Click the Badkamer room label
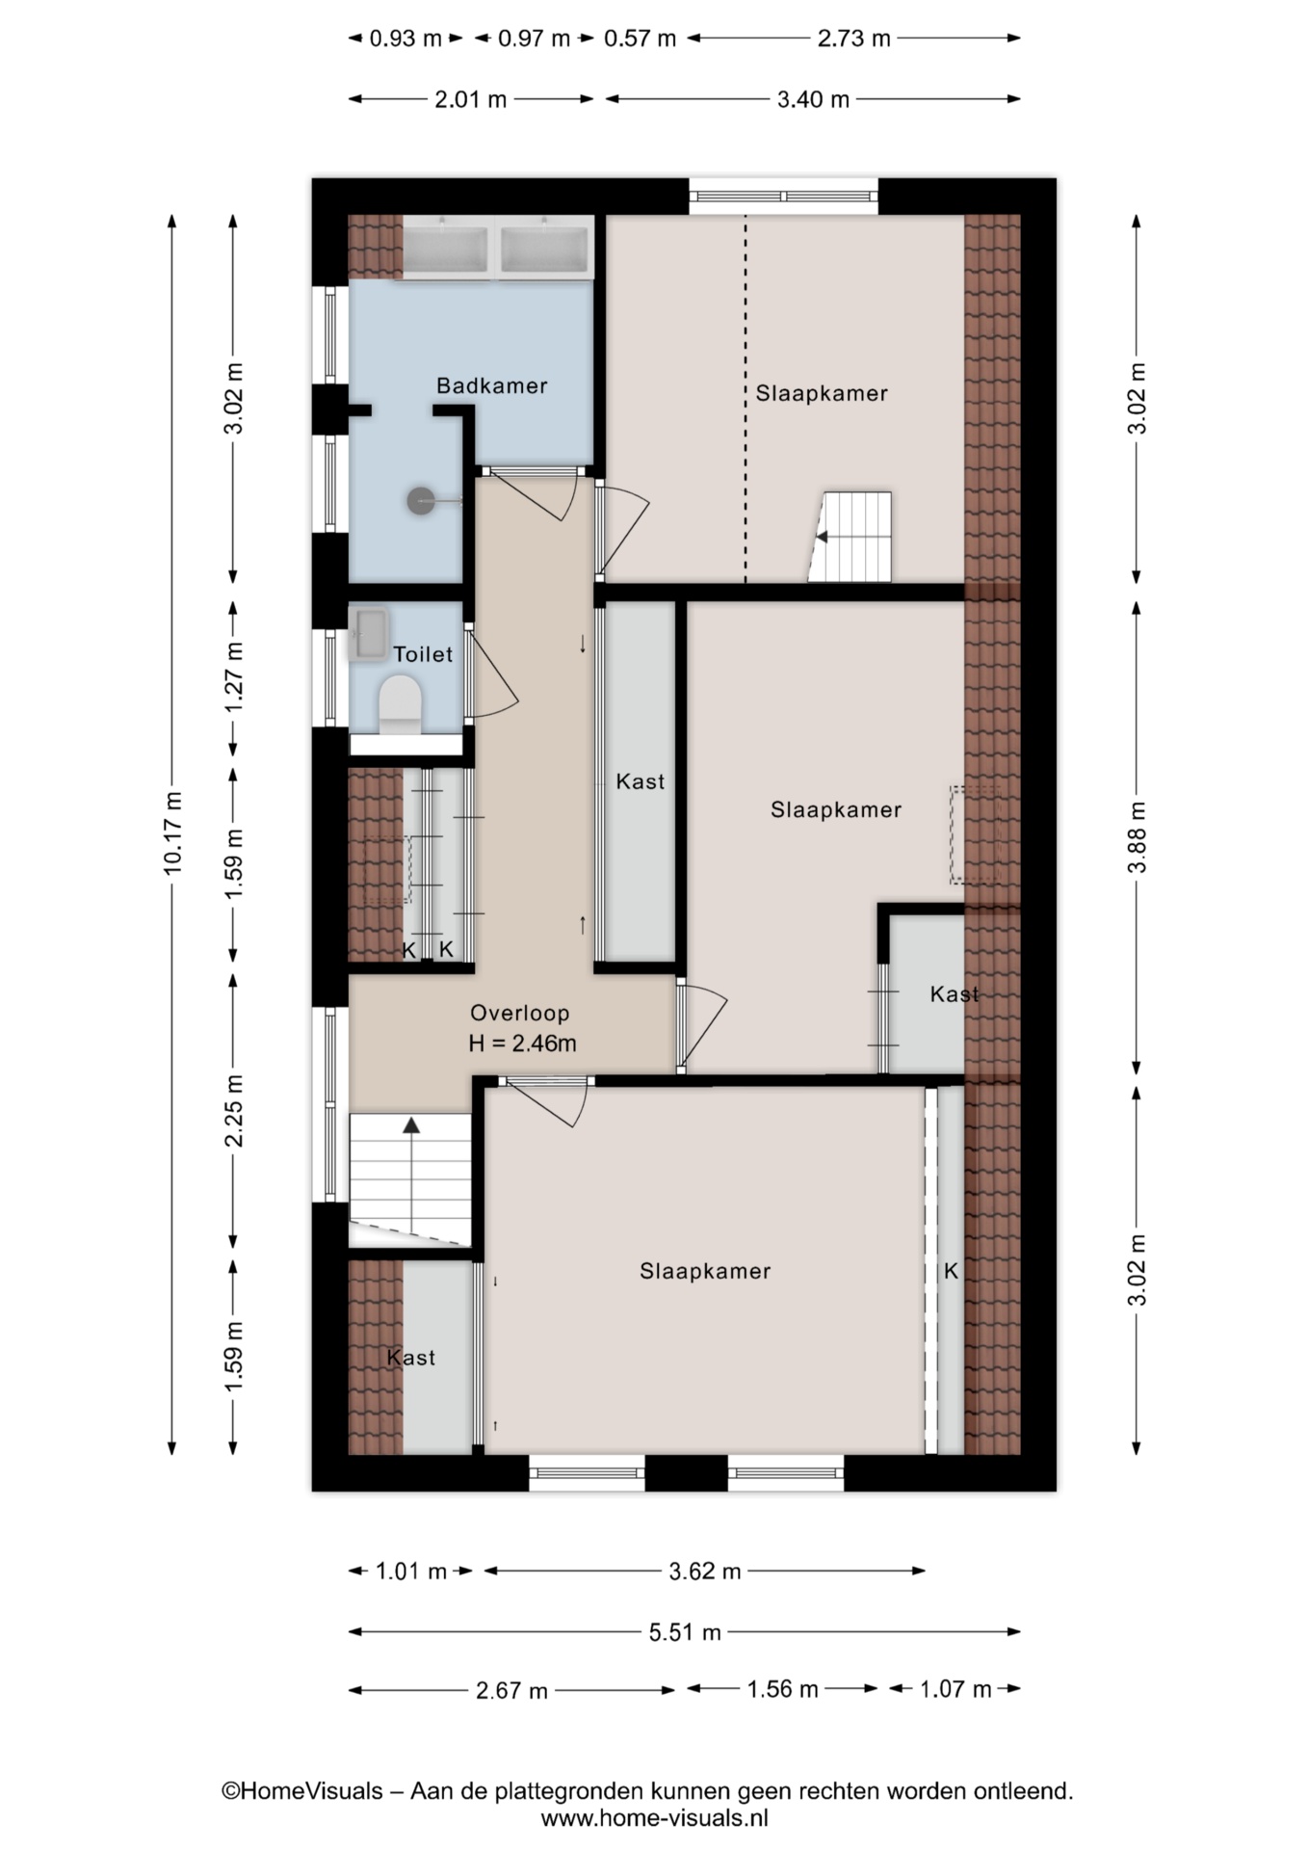tap(491, 385)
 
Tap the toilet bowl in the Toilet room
tap(401, 703)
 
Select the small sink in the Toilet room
tap(368, 634)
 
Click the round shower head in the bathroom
tap(420, 500)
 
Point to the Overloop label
tap(520, 1013)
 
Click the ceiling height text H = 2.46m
tap(522, 1043)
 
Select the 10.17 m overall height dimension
tap(173, 832)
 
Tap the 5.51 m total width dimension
tap(685, 1631)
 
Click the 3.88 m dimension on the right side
tap(1138, 836)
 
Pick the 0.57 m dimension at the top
tap(641, 39)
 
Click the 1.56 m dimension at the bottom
tap(782, 1689)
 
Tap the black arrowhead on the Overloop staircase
tap(412, 1124)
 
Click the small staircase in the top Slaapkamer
tap(851, 537)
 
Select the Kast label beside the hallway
tap(641, 781)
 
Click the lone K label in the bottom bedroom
tap(951, 1271)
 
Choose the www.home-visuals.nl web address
tap(655, 1818)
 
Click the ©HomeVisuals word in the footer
tap(302, 1791)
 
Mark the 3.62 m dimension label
tap(705, 1572)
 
